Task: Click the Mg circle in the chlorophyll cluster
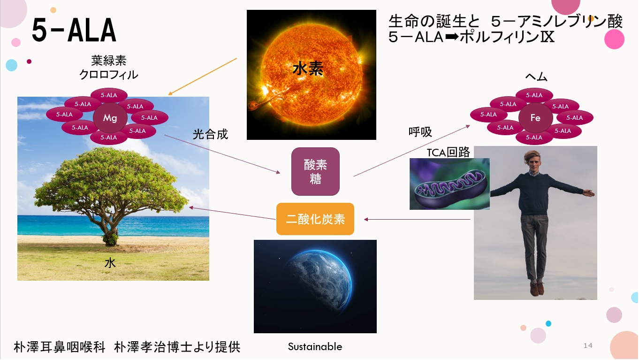110,118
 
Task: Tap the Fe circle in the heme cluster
535,118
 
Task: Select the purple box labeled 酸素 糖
315,172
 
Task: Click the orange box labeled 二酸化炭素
315,219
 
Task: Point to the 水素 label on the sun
308,69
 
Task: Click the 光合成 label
210,134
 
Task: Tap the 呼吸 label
420,132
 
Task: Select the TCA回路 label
448,152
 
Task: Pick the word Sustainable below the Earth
315,346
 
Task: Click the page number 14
588,345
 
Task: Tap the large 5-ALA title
74,30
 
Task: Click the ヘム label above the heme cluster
536,77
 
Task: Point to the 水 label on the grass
110,263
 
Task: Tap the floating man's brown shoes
537,288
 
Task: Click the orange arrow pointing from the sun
202,77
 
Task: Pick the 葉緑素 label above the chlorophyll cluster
109,60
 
